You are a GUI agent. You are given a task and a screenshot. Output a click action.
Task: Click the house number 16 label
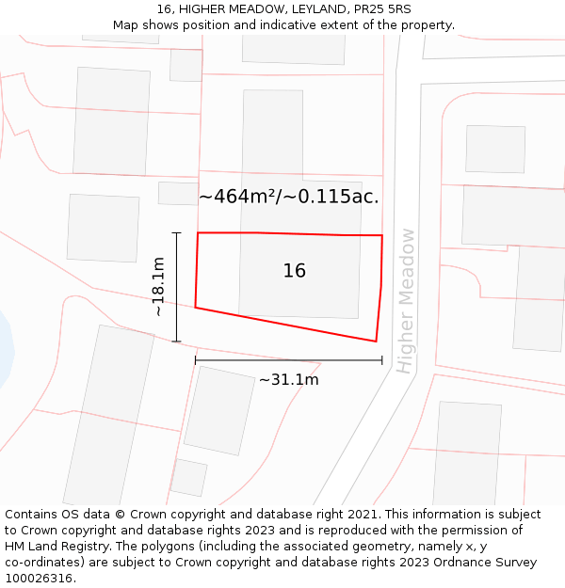click(295, 271)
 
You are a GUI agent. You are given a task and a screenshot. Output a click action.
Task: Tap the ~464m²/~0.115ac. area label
click(289, 197)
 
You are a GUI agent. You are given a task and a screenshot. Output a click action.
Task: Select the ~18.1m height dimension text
click(158, 287)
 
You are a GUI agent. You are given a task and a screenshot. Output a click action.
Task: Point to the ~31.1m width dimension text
click(289, 380)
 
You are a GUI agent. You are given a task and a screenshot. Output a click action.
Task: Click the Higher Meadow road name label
click(406, 301)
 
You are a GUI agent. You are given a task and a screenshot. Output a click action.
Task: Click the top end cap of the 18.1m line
click(176, 232)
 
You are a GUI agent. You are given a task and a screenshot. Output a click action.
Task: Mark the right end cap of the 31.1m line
click(381, 360)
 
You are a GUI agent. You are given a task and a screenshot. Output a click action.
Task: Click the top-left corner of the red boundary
click(198, 232)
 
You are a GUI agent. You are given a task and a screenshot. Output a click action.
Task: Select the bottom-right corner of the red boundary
click(376, 342)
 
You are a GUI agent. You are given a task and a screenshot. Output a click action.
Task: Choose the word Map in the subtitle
click(126, 25)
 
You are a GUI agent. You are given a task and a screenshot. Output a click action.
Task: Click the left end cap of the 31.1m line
click(196, 360)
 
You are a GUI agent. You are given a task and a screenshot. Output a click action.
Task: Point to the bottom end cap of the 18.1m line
click(176, 342)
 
